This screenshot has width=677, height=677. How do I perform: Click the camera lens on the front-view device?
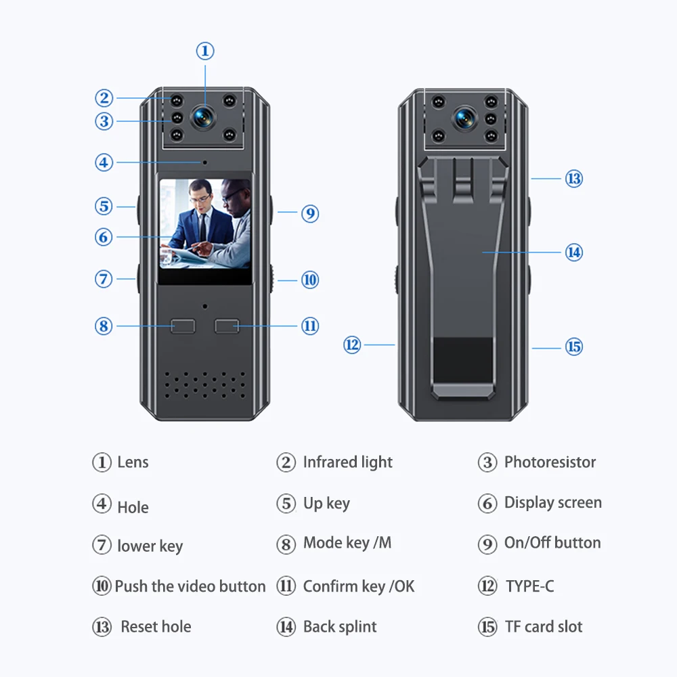click(203, 116)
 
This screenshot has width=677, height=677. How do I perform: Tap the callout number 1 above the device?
click(205, 51)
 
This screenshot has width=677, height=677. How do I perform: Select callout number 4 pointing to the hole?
click(104, 162)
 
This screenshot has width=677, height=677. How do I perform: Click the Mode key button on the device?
click(183, 326)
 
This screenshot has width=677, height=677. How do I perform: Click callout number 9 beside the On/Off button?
click(310, 214)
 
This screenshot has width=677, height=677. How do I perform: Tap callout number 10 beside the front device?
click(310, 280)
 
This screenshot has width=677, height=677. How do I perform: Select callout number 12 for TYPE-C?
click(352, 345)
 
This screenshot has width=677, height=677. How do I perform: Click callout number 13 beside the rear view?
click(574, 179)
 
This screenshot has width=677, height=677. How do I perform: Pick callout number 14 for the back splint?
click(574, 253)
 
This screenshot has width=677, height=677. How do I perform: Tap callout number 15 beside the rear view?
click(574, 347)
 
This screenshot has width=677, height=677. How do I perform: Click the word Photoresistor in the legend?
click(550, 462)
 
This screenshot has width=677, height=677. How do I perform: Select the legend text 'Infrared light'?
click(347, 462)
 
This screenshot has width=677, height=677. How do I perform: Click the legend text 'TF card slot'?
click(544, 627)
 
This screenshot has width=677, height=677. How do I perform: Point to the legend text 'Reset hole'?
click(156, 627)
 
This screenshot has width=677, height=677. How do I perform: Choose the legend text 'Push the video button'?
click(190, 586)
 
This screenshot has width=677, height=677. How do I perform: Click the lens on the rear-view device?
click(464, 117)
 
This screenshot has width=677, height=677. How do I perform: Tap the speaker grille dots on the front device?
click(204, 385)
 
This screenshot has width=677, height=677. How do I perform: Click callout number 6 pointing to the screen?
click(104, 237)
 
